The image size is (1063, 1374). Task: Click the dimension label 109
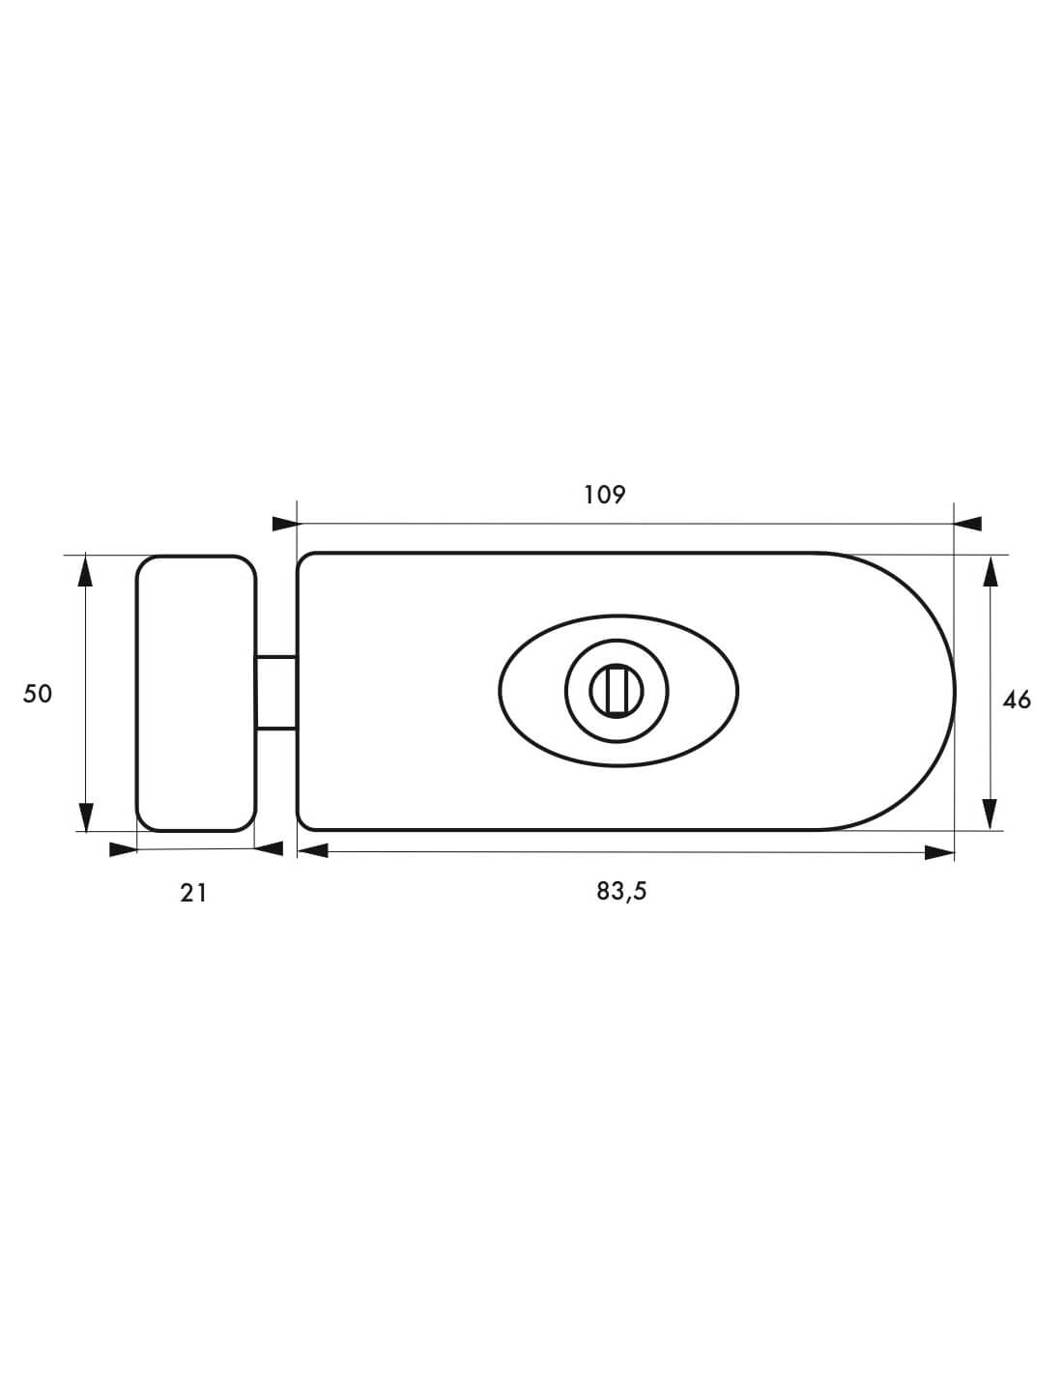coord(604,495)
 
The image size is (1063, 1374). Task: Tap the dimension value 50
coord(38,695)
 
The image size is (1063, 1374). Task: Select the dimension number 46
coord(1017,700)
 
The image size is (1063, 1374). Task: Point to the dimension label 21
coord(193,893)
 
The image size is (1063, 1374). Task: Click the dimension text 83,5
coord(621,892)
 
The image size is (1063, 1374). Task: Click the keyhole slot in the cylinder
coord(617,691)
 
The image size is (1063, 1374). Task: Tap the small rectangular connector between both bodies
coord(276,693)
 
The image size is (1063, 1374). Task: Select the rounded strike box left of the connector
coord(196,693)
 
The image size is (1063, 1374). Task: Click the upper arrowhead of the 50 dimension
coord(85,571)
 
